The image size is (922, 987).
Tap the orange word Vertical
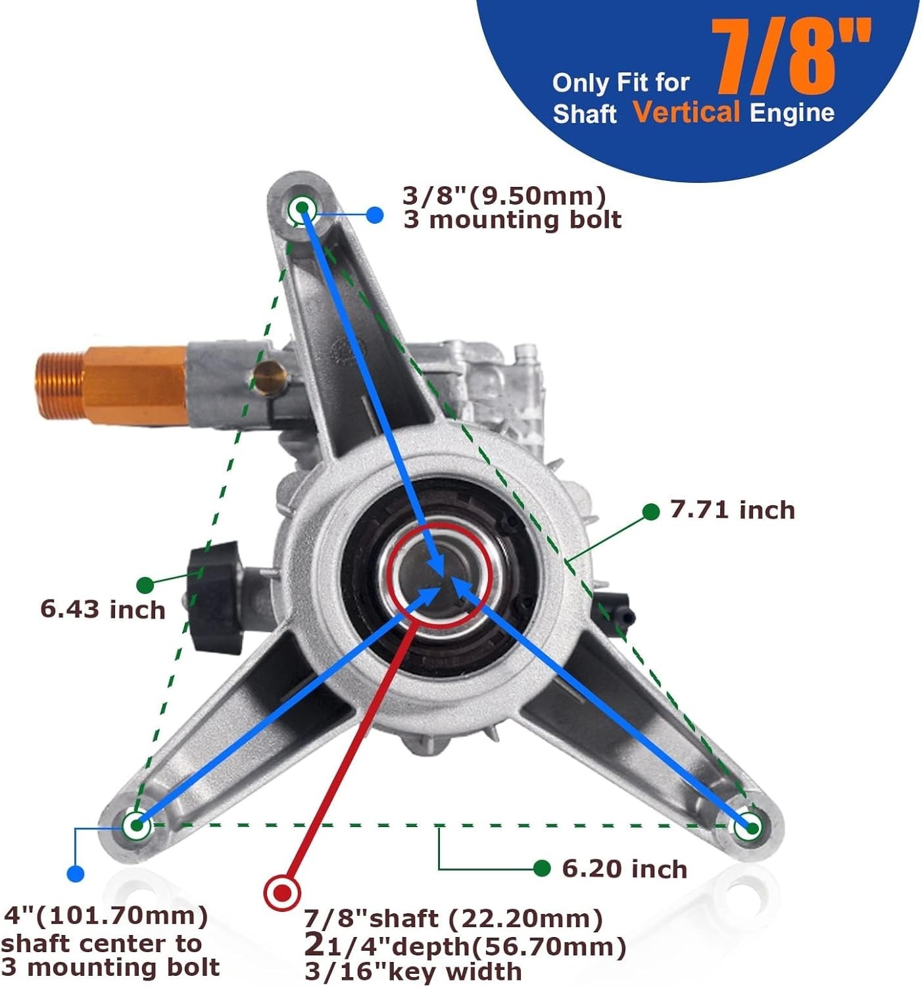click(x=687, y=113)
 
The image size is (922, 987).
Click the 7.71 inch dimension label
click(x=733, y=511)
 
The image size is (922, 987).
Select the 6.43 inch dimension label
click(x=103, y=610)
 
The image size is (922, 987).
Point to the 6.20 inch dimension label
click(x=625, y=869)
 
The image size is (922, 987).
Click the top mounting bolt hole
click(x=302, y=209)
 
